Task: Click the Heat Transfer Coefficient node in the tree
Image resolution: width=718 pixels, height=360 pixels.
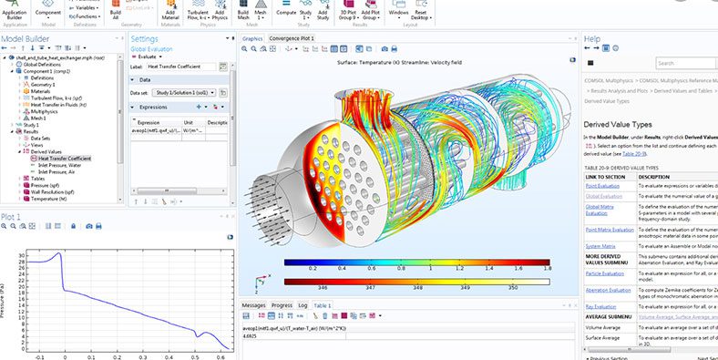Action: (x=68, y=158)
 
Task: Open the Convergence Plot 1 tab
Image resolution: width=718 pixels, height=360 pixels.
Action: (x=292, y=39)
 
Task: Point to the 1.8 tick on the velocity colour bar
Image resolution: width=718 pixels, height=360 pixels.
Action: (x=547, y=269)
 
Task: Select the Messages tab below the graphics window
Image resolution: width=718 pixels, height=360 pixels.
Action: (x=254, y=305)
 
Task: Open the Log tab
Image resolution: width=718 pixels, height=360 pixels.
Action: (x=303, y=305)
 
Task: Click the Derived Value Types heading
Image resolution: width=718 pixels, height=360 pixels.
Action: (x=617, y=123)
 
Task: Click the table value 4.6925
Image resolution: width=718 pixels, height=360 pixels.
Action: (x=251, y=336)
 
